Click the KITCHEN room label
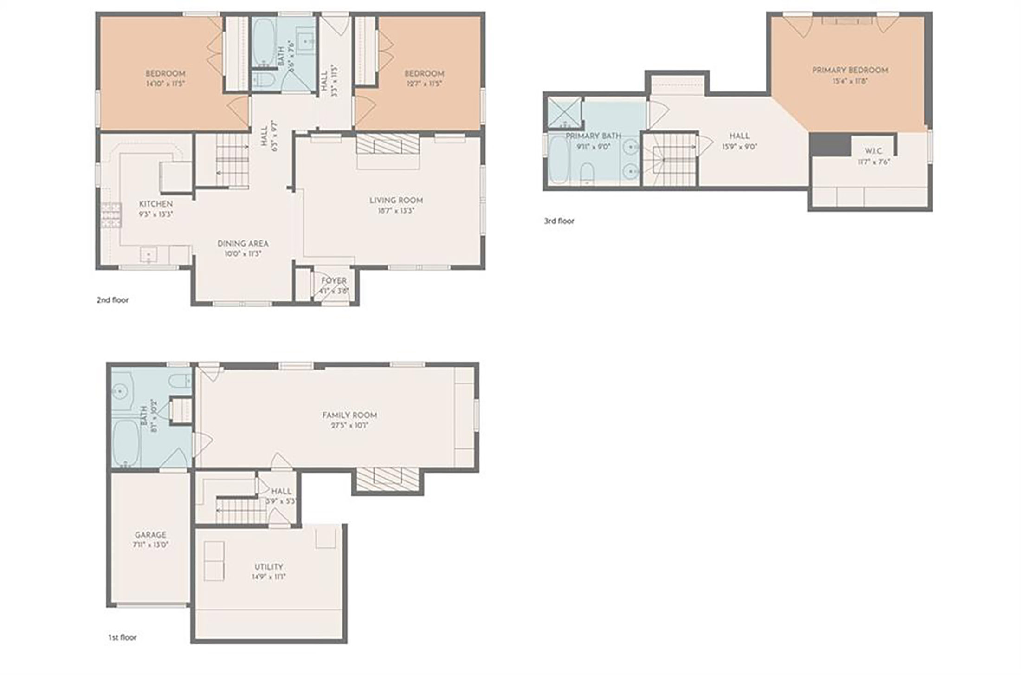[x=156, y=204]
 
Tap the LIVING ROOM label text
[x=396, y=200]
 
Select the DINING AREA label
[x=243, y=244]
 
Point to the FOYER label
[x=334, y=280]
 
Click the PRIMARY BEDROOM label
[x=850, y=70]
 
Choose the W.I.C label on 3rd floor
[x=873, y=151]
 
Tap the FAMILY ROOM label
[x=349, y=415]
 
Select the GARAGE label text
[x=150, y=535]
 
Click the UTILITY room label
[x=269, y=567]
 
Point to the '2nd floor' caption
[x=113, y=300]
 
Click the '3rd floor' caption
[x=559, y=221]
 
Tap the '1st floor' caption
[x=123, y=637]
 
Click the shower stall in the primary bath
[x=564, y=112]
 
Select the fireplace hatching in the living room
[x=388, y=143]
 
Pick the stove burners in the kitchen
[x=111, y=215]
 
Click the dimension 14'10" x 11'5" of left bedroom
[x=165, y=84]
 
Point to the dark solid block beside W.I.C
[x=830, y=145]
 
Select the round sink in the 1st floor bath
[x=120, y=392]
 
